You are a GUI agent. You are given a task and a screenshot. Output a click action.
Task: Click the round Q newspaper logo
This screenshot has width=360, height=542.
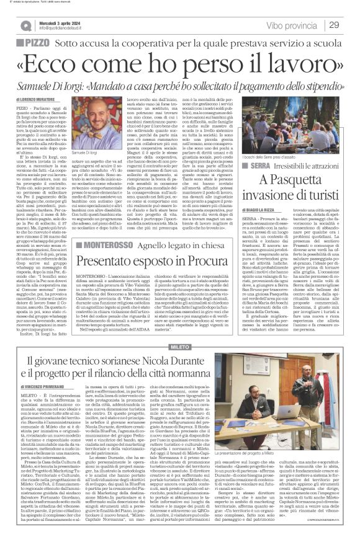tap(25, 25)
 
